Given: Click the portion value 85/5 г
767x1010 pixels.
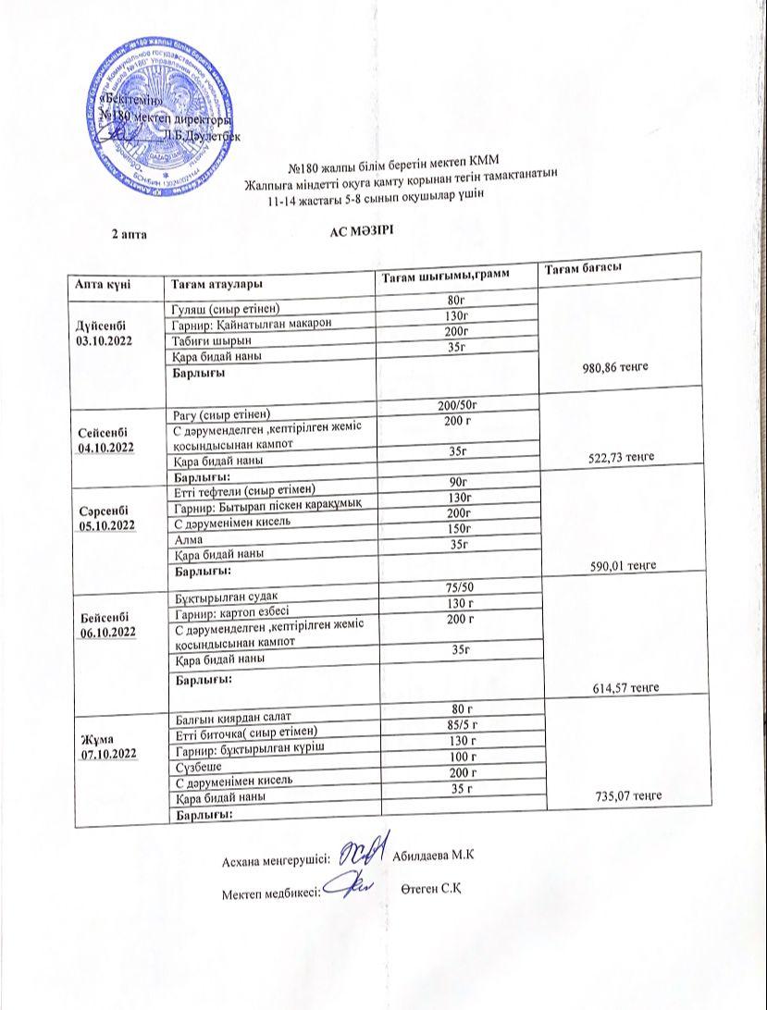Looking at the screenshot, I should tap(460, 725).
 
